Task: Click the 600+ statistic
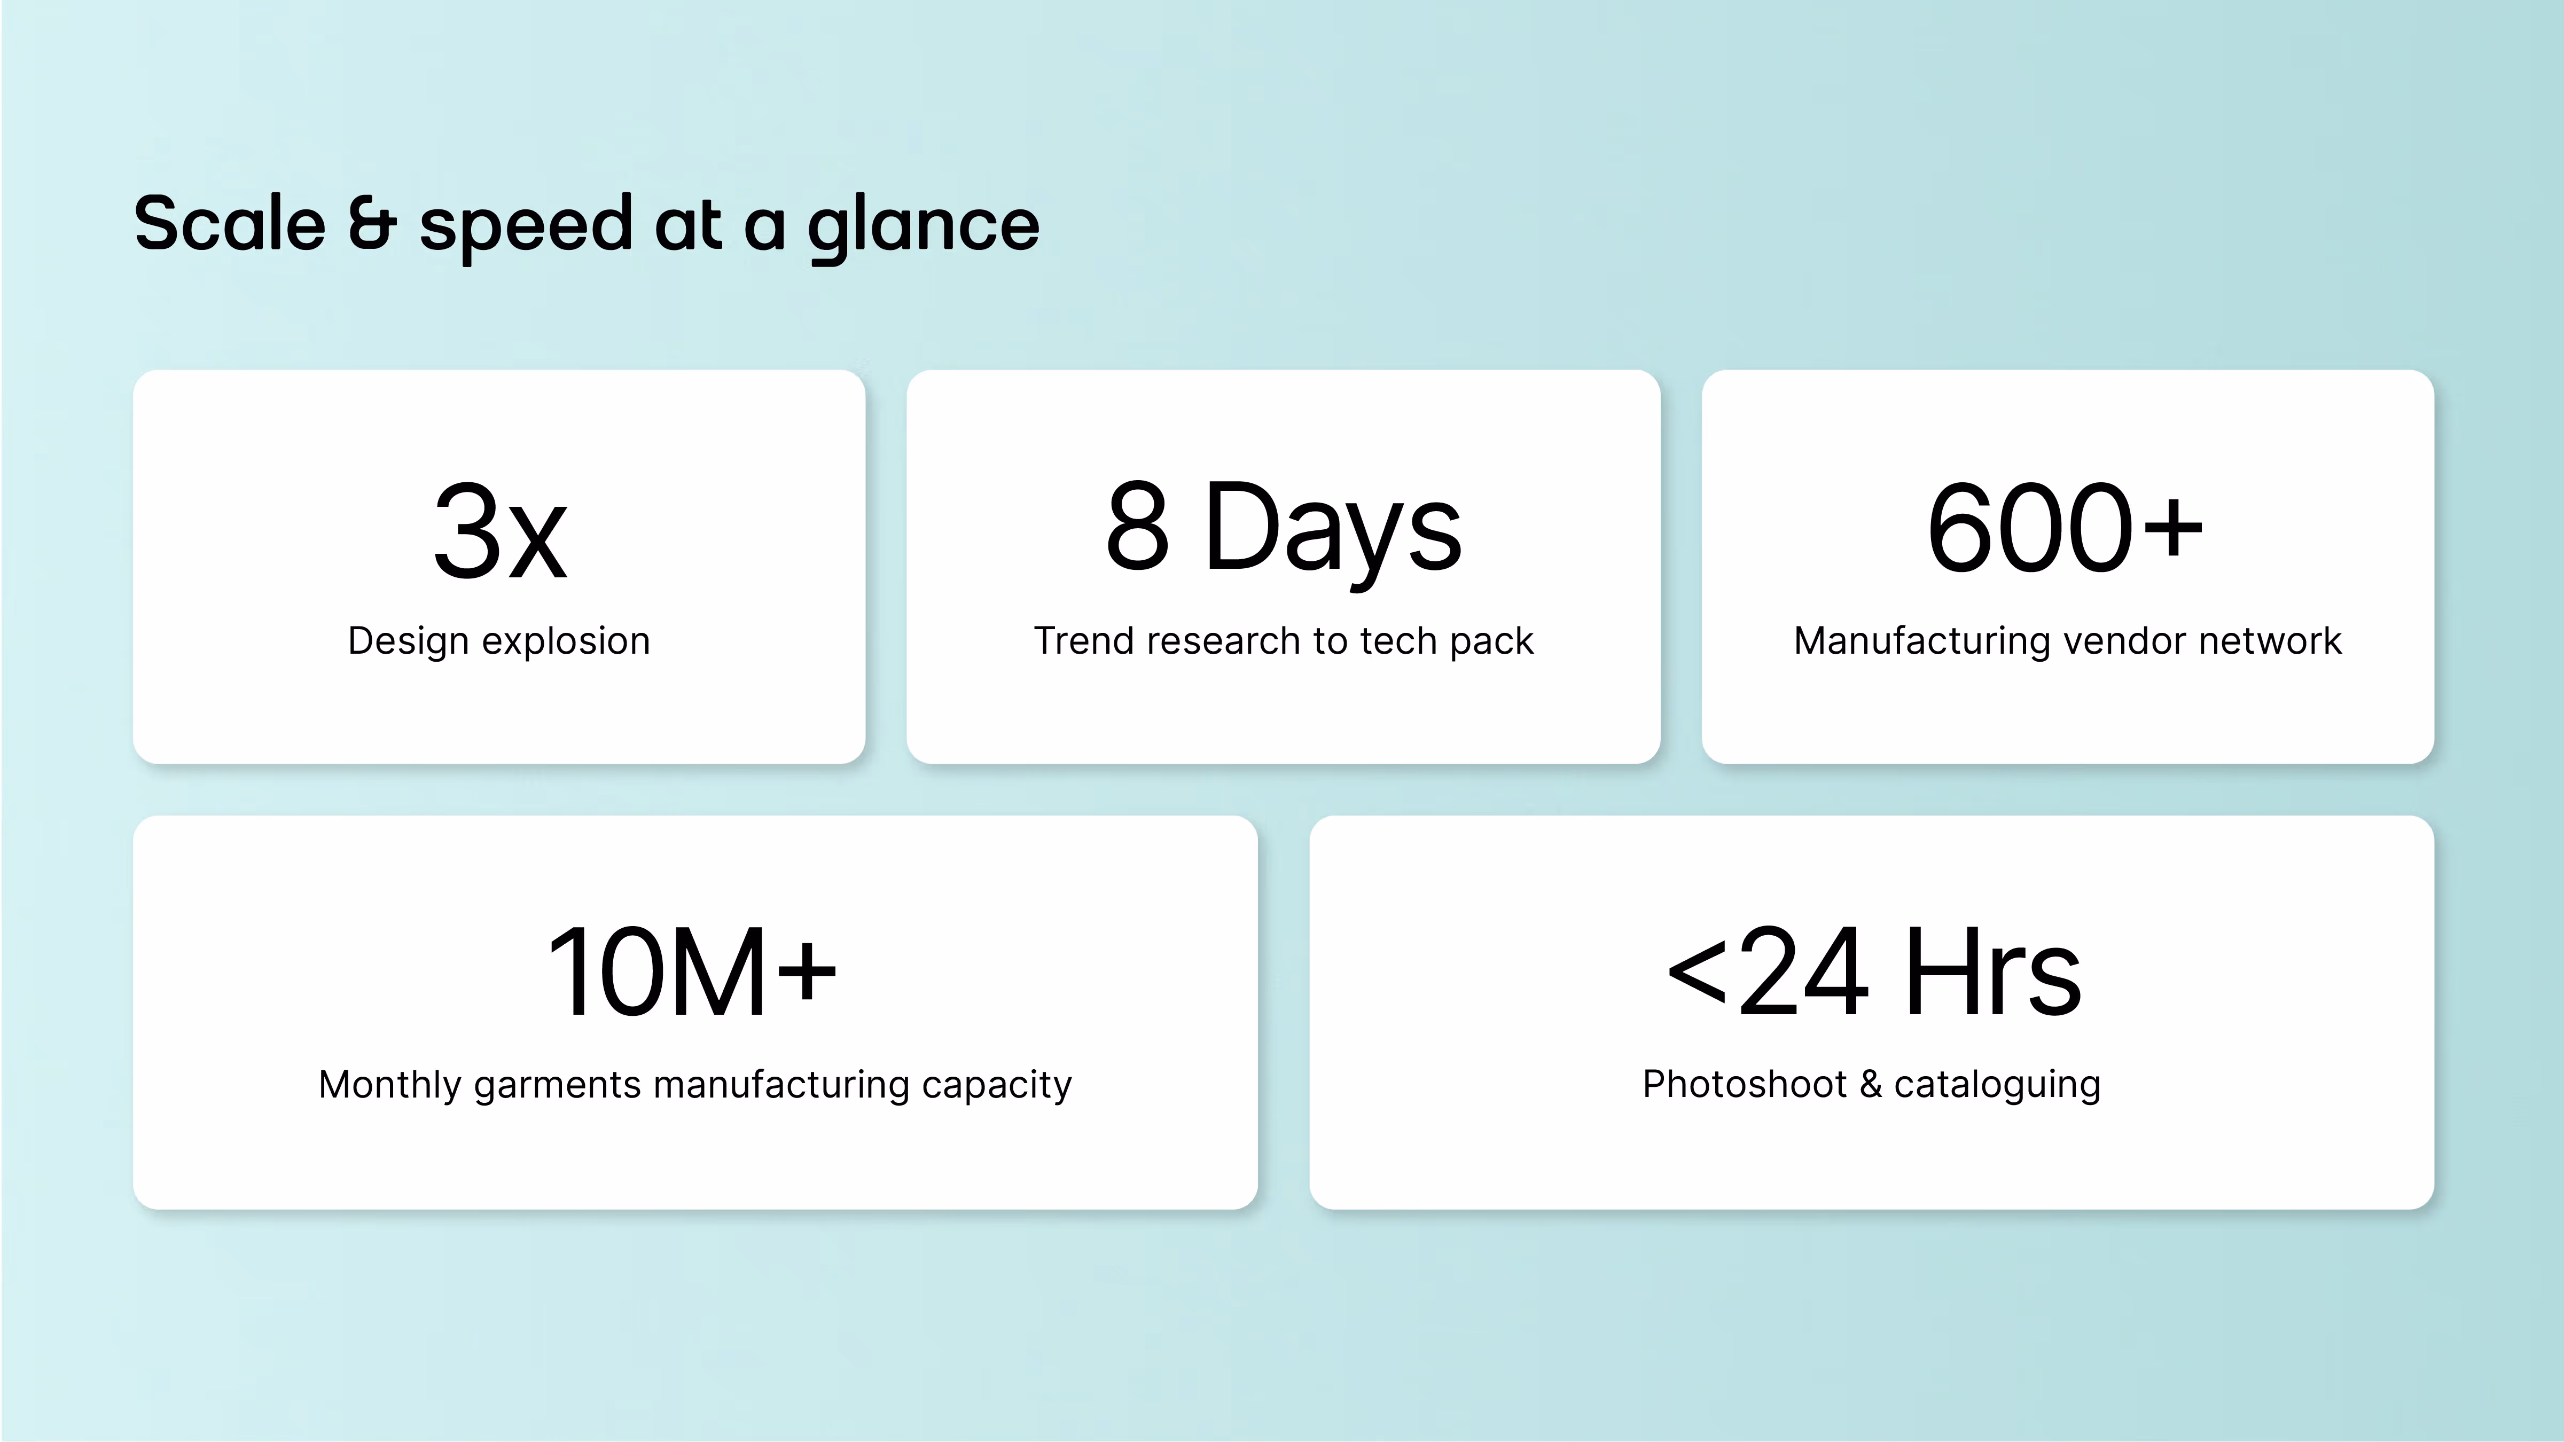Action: pos(2065,528)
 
